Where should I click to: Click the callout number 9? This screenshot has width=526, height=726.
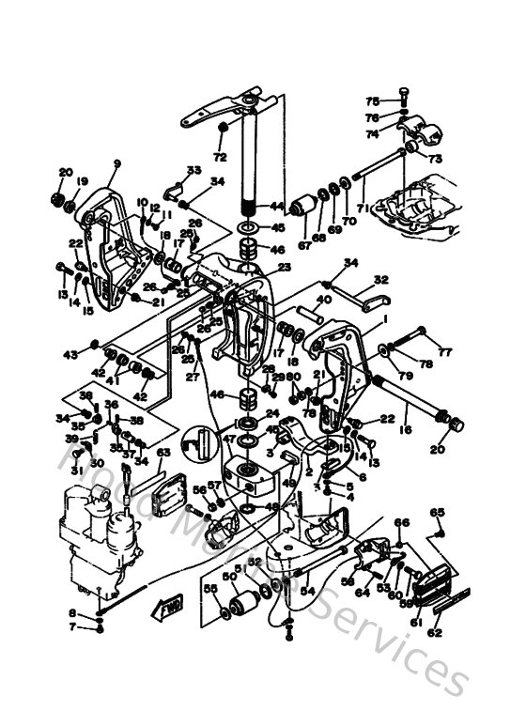point(117,163)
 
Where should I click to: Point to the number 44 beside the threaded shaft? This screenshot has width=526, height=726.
point(276,206)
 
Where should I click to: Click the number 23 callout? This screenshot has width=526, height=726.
point(285,268)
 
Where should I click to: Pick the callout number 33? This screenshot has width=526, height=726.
point(193,170)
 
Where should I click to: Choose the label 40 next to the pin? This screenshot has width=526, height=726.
point(323,301)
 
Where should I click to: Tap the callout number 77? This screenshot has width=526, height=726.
point(445,353)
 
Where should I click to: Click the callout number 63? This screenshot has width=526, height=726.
point(163,453)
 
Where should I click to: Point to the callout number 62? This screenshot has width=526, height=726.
point(435,633)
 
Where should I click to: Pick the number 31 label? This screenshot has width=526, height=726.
point(75,470)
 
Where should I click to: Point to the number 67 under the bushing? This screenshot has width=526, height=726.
point(303,246)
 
